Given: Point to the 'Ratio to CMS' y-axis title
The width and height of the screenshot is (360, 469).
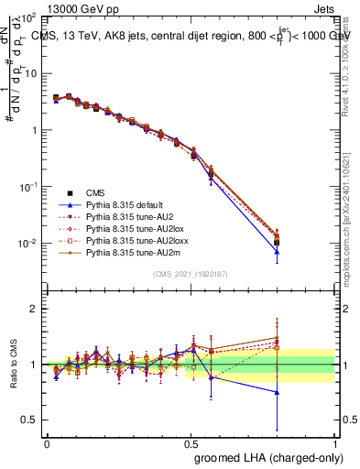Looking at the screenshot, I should pos(13,365).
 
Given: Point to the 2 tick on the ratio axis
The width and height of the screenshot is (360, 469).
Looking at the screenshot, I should pos(34,309).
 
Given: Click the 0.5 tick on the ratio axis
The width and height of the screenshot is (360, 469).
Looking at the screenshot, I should pos(30,420).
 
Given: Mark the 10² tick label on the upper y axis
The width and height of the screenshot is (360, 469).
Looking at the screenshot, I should pos(27,17).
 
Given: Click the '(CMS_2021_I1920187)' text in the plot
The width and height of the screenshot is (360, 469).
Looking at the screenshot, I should pos(191,274).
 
